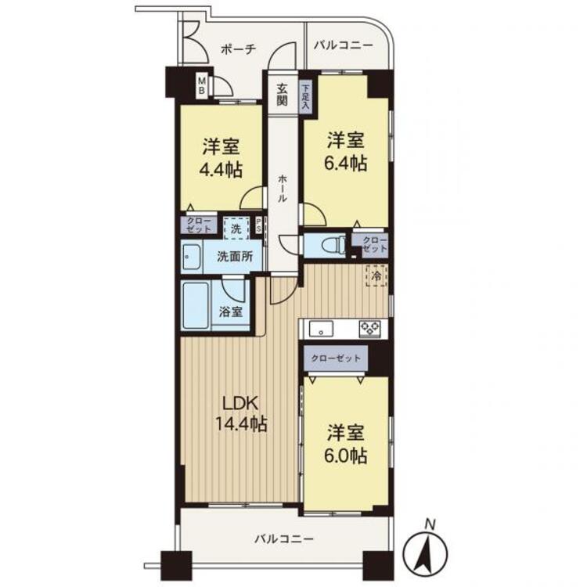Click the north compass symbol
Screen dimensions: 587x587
pyautogui.click(x=425, y=550)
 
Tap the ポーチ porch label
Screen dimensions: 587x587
pyautogui.click(x=238, y=49)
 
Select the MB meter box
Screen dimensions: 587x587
pyautogui.click(x=202, y=85)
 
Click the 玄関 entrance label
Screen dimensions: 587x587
pyautogui.click(x=283, y=95)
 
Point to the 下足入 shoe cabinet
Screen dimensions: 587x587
pyautogui.click(x=305, y=96)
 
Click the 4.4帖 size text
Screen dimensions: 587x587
pyautogui.click(x=221, y=171)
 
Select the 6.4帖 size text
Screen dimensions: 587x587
pyautogui.click(x=345, y=164)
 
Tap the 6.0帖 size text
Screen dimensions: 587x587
pyautogui.click(x=345, y=456)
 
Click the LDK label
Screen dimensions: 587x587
pyautogui.click(x=240, y=404)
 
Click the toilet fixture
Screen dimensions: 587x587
pyautogui.click(x=334, y=245)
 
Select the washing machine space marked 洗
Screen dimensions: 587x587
pyautogui.click(x=236, y=229)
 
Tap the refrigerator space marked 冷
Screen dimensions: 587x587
pyautogui.click(x=376, y=276)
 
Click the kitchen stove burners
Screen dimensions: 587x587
pyautogui.click(x=369, y=329)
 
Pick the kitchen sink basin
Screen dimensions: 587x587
pyautogui.click(x=321, y=329)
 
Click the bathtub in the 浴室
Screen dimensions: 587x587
pyautogui.click(x=196, y=305)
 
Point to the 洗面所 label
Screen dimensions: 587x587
pyautogui.click(x=235, y=257)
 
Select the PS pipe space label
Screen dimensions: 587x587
pyautogui.click(x=258, y=226)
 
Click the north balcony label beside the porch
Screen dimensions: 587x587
pyautogui.click(x=344, y=45)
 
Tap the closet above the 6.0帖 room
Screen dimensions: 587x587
pyautogui.click(x=336, y=358)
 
